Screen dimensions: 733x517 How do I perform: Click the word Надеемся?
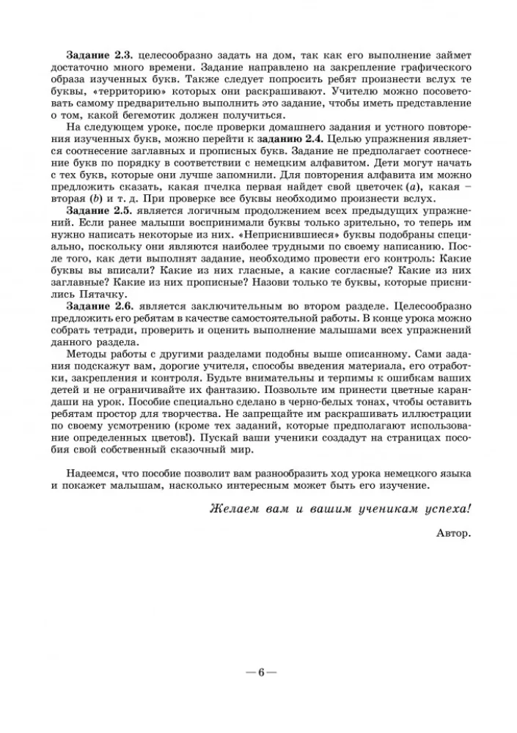92,473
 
